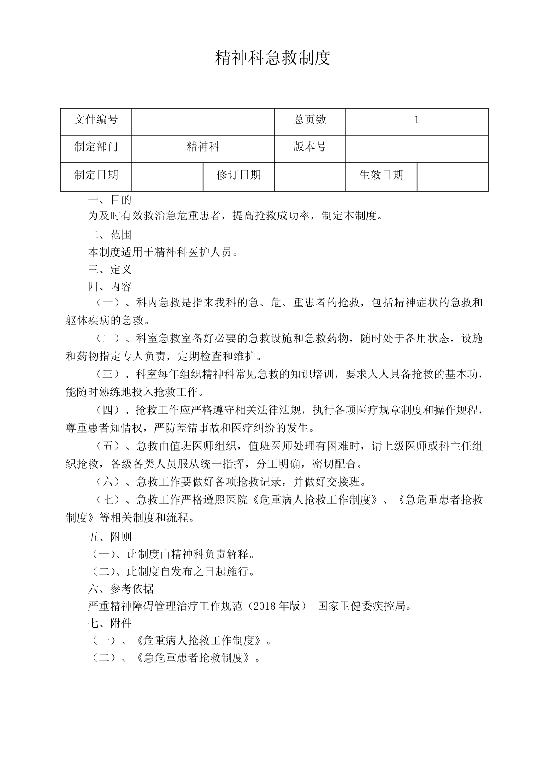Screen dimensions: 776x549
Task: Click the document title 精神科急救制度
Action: click(273, 58)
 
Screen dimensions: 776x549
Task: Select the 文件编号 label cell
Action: click(96, 120)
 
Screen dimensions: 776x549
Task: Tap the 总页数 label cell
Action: click(310, 120)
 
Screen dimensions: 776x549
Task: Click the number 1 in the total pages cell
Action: click(417, 120)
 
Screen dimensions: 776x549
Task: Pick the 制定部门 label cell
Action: click(96, 147)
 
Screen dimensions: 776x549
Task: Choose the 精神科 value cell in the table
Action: click(203, 147)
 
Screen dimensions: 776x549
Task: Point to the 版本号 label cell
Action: click(310, 147)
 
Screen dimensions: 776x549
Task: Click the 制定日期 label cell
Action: click(96, 175)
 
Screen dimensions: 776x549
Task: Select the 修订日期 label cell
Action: click(239, 175)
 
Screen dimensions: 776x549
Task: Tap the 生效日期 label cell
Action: click(381, 175)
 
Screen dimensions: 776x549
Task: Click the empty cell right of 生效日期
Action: click(452, 176)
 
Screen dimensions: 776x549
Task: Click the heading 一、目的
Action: click(110, 200)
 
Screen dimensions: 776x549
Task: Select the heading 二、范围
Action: click(110, 235)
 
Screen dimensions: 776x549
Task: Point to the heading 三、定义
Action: click(110, 270)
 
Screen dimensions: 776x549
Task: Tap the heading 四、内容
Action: click(110, 287)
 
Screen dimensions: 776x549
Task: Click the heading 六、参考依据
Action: click(121, 589)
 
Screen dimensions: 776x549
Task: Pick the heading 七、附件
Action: click(110, 623)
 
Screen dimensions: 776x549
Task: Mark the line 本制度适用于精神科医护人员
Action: click(164, 252)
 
